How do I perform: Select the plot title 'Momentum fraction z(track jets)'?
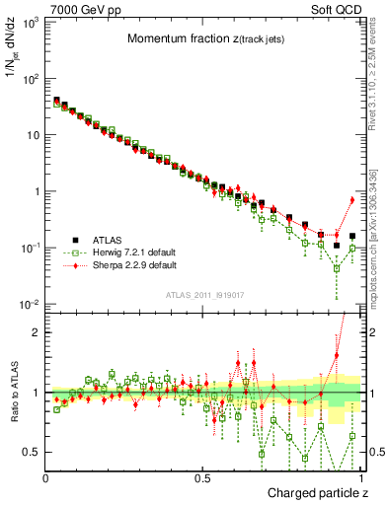(x=202, y=39)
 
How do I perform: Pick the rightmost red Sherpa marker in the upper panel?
(x=352, y=200)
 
